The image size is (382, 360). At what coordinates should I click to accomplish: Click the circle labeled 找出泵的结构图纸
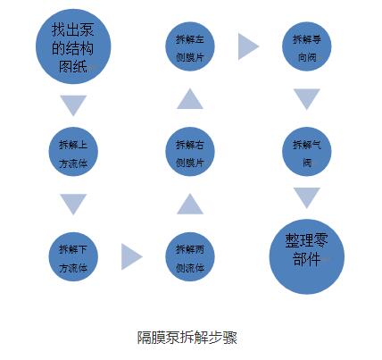(x=73, y=46)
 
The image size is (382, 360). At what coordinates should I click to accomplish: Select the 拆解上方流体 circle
(x=73, y=152)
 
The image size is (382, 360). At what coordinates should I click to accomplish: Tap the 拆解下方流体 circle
(x=73, y=256)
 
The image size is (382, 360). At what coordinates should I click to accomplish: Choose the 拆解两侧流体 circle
(x=190, y=256)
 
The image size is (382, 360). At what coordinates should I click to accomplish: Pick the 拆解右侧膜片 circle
(x=190, y=152)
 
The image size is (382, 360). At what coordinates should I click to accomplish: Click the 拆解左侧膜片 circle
(x=190, y=46)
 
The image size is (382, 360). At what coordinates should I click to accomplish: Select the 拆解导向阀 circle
(x=307, y=46)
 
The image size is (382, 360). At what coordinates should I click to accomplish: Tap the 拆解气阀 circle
(x=307, y=152)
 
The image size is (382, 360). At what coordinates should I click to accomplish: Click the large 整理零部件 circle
(x=307, y=256)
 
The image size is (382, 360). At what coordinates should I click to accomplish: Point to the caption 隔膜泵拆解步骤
(x=187, y=338)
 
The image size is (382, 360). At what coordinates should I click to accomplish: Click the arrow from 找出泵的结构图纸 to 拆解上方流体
(x=73, y=105)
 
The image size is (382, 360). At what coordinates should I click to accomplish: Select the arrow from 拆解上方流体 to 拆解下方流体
(x=73, y=205)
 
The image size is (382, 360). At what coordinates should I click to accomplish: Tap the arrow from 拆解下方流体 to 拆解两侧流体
(x=132, y=256)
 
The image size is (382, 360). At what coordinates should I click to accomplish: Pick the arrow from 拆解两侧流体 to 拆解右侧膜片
(x=190, y=204)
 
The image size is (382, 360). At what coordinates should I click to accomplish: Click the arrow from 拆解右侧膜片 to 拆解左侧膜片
(x=190, y=99)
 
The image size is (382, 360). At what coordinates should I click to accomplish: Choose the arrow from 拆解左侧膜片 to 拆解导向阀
(x=249, y=46)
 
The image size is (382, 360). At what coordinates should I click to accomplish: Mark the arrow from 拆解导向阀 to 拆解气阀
(x=307, y=99)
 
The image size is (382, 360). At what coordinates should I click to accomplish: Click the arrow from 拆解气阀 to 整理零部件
(x=307, y=198)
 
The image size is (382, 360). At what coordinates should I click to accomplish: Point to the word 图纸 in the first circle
(x=73, y=66)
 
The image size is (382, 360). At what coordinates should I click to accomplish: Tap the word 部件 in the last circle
(x=307, y=259)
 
